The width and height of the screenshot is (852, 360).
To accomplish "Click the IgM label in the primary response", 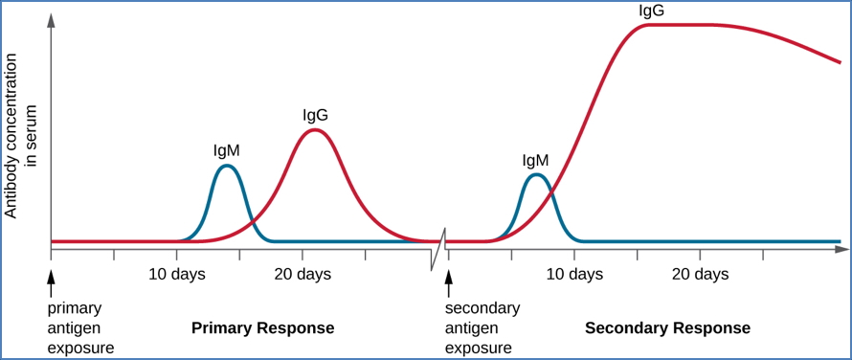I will (227, 150).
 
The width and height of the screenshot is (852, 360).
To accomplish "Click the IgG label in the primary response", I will (315, 115).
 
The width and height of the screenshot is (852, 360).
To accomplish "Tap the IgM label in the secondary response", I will (536, 160).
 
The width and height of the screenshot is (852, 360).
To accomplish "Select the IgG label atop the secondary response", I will (652, 11).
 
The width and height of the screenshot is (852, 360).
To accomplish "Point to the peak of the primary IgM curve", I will (227, 166).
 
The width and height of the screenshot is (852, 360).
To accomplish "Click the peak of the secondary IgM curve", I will (537, 174).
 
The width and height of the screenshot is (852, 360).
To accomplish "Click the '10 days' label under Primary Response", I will (177, 275).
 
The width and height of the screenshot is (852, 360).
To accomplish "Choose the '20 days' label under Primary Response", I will (303, 275).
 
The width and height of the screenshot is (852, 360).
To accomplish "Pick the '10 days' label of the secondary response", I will (574, 275).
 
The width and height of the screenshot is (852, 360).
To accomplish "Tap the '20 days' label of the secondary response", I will (700, 275).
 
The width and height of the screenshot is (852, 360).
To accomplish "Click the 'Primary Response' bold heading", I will (263, 328).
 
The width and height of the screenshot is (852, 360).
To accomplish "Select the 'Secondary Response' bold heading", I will (667, 328).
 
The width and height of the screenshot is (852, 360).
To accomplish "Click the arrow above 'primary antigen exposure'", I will (52, 280).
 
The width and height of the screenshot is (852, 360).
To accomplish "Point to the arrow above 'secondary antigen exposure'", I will (448, 280).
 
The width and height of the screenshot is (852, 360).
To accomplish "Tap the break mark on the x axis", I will (438, 249).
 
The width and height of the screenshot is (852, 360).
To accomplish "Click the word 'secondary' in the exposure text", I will (482, 308).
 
